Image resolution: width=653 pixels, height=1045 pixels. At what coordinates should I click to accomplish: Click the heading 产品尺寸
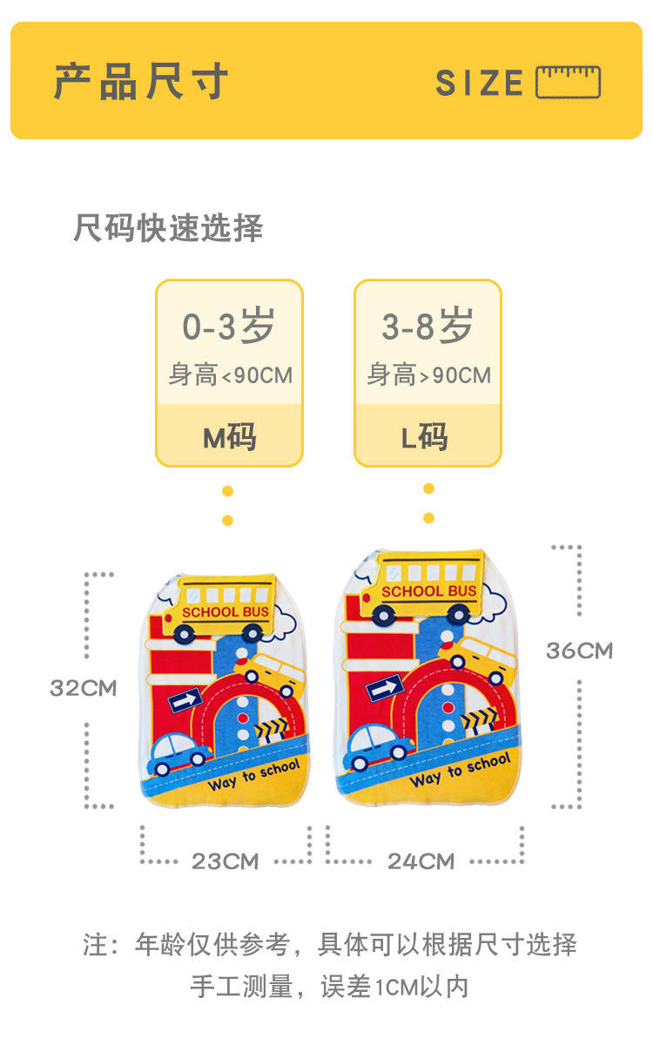click(x=141, y=82)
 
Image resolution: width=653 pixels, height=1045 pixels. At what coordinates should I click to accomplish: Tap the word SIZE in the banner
click(x=479, y=84)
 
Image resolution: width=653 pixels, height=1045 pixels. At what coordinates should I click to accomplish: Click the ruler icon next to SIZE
click(x=568, y=83)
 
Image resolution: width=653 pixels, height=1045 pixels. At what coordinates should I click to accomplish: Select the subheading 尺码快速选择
click(x=168, y=228)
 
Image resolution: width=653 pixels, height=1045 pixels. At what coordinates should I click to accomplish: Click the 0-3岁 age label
click(x=228, y=327)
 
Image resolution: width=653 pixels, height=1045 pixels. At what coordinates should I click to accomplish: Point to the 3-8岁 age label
click(x=427, y=327)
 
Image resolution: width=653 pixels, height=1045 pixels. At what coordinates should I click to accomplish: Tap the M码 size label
click(x=230, y=437)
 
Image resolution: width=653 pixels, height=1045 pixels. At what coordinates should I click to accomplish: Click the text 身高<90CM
click(x=230, y=375)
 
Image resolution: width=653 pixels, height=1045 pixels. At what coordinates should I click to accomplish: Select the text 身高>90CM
click(x=428, y=375)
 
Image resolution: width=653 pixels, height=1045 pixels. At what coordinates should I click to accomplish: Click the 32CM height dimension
click(x=83, y=688)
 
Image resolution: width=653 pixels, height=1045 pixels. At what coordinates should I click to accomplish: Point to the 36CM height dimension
click(x=579, y=651)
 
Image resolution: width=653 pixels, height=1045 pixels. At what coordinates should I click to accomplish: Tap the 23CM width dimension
click(x=226, y=861)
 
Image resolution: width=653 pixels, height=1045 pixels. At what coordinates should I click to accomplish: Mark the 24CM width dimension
click(x=421, y=861)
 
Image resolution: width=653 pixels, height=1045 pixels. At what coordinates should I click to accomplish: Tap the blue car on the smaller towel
click(x=180, y=754)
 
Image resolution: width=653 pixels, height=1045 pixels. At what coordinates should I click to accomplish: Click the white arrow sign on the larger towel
click(x=383, y=688)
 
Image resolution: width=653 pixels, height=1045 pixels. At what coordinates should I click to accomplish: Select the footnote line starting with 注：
click(x=330, y=944)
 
